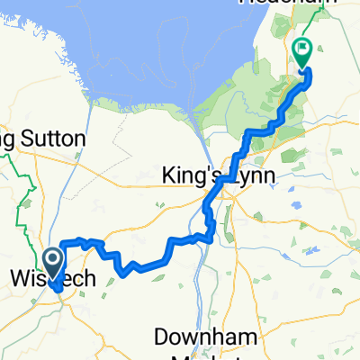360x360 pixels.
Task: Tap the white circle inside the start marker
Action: (x=53, y=261)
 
